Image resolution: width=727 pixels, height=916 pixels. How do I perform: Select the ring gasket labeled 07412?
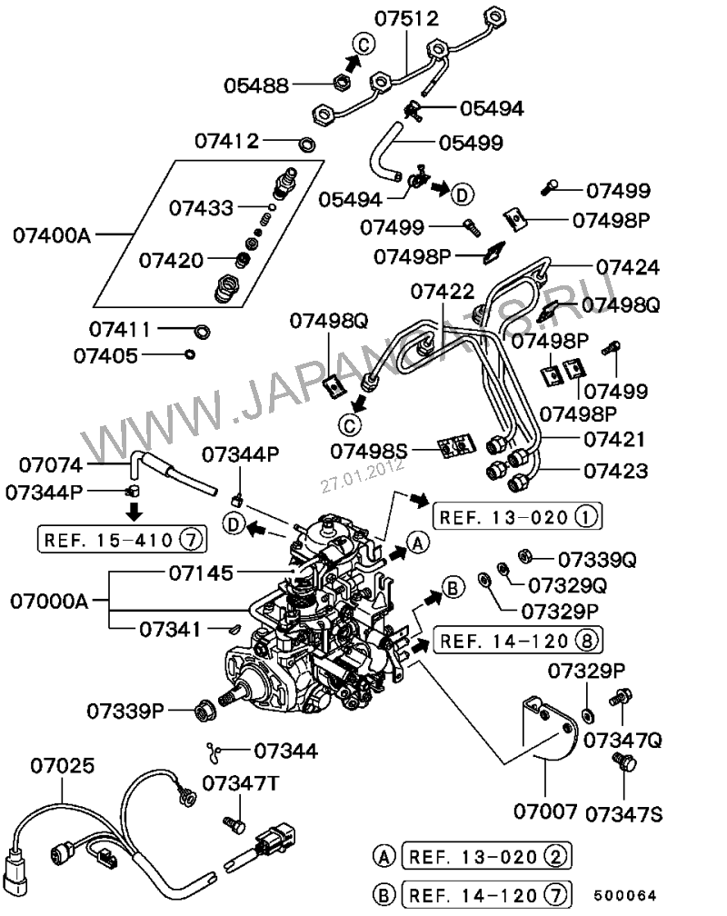(x=308, y=143)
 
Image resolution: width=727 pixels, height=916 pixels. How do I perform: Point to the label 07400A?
(x=52, y=236)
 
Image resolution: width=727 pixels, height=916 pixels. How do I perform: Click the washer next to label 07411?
(x=203, y=329)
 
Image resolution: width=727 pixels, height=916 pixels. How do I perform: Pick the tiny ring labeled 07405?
(x=189, y=354)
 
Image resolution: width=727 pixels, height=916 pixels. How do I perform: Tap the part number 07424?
(x=627, y=267)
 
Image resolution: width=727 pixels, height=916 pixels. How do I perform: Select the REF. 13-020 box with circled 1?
(x=517, y=517)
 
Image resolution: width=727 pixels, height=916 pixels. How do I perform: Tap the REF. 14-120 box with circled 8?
(x=517, y=641)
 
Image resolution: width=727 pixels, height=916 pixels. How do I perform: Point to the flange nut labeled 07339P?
(x=204, y=708)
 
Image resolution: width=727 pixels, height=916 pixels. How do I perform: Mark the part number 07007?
(x=543, y=808)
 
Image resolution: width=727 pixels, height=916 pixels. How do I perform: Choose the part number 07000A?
(x=51, y=601)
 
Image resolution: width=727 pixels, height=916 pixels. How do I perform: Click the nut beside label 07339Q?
(x=524, y=554)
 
